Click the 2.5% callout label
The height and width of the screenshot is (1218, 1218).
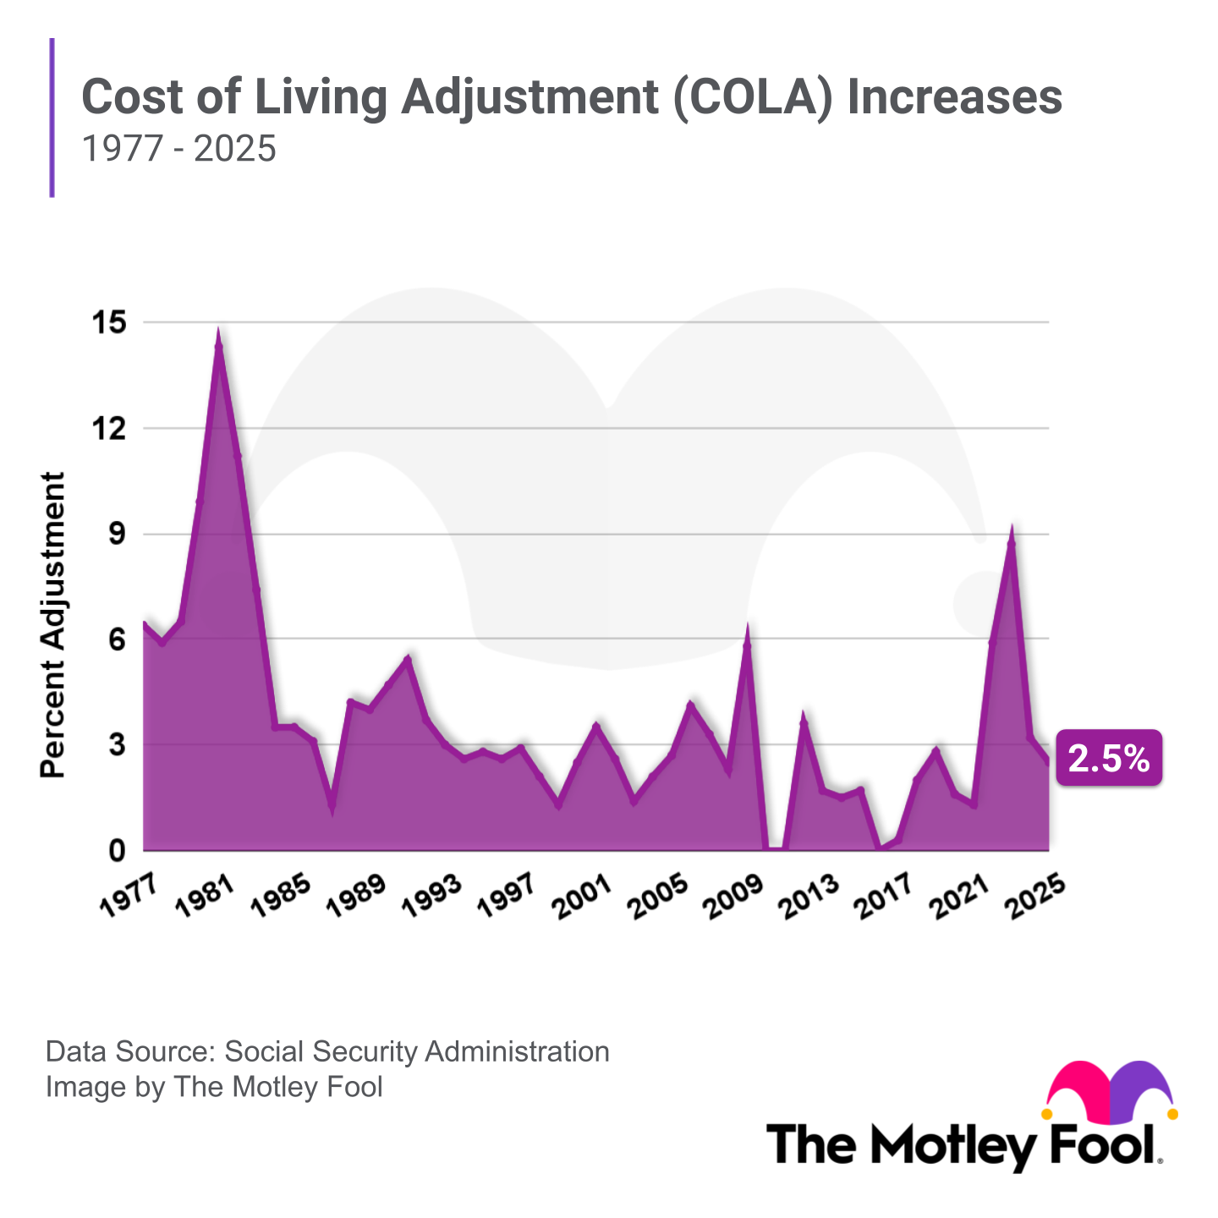coord(1109,759)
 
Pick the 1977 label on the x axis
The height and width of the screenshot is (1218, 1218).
coord(129,894)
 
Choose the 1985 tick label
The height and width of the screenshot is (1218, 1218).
coord(279,894)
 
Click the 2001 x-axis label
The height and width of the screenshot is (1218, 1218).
coord(580,894)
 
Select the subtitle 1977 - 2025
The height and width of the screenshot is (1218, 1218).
coord(178,149)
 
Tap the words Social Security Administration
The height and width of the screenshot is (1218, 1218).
coord(417,1051)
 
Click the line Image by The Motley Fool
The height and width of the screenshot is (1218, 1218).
coord(214,1086)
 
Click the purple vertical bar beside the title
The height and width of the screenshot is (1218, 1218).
coord(52,118)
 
